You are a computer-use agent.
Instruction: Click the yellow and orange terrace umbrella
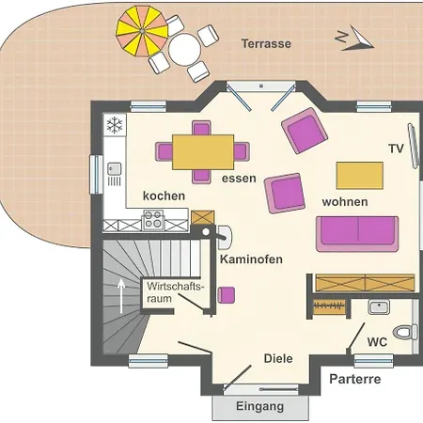pyautogui.click(x=142, y=31)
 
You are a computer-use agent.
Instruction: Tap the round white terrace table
pyautogui.click(x=184, y=49)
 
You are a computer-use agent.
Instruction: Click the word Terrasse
pyautogui.click(x=266, y=43)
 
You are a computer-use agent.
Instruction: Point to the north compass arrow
pyautogui.click(x=357, y=39)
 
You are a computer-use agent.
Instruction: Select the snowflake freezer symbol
pyautogui.click(x=115, y=125)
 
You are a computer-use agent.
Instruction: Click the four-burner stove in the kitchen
pyautogui.click(x=153, y=219)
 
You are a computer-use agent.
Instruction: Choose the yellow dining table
pyautogui.click(x=203, y=152)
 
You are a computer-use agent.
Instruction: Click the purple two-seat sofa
pyautogui.click(x=357, y=234)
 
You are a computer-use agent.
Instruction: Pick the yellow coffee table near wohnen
pyautogui.click(x=360, y=176)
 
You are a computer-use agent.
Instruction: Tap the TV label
pyautogui.click(x=396, y=149)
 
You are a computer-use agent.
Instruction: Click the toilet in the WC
pyautogui.click(x=405, y=333)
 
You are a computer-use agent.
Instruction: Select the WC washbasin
pyautogui.click(x=379, y=306)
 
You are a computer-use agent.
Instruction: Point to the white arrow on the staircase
pyautogui.click(x=121, y=296)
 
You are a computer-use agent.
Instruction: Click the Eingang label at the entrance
pyautogui.click(x=260, y=406)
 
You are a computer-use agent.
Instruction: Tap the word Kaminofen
pyautogui.click(x=251, y=259)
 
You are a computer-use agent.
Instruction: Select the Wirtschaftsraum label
pyautogui.click(x=176, y=292)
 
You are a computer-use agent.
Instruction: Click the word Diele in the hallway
pyautogui.click(x=278, y=358)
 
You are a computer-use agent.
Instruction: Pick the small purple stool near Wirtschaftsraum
pyautogui.click(x=227, y=295)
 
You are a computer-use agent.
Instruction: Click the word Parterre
pyautogui.click(x=355, y=379)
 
